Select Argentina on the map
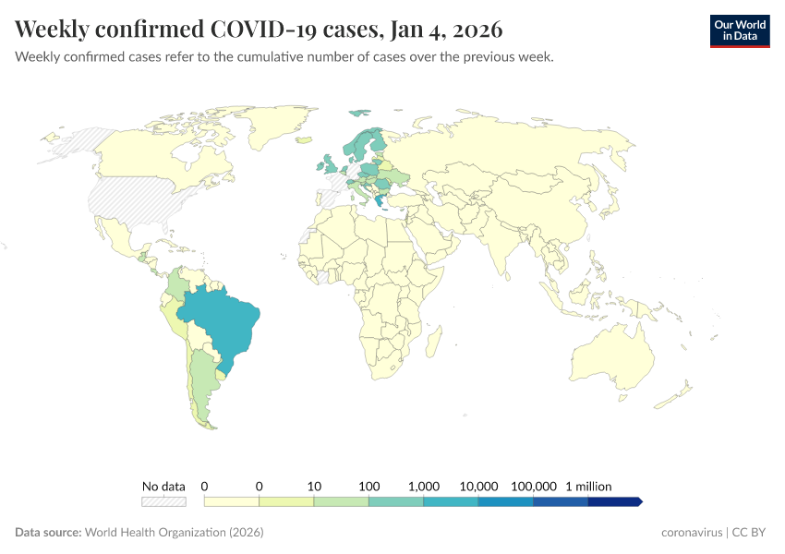tap(205, 388)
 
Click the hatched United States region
tap(129, 199)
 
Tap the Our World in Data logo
tap(740, 30)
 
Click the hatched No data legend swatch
tap(163, 501)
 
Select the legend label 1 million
tap(587, 486)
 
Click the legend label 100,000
tap(533, 486)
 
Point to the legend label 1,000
tap(424, 486)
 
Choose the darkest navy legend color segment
tap(613, 501)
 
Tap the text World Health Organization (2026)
tap(174, 533)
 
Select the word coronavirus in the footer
tap(693, 533)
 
